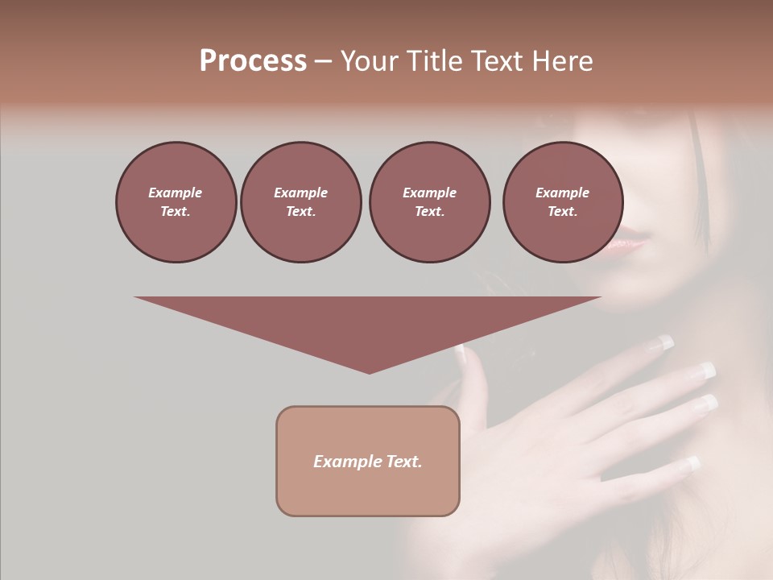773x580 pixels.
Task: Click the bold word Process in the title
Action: point(253,61)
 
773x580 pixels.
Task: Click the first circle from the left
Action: point(176,202)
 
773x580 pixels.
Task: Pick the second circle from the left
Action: point(300,202)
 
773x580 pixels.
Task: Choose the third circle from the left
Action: point(429,202)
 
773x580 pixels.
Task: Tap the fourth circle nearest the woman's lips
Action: point(562,202)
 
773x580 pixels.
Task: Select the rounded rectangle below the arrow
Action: point(368,461)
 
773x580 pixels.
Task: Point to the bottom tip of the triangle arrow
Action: point(369,372)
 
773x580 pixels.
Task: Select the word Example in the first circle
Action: point(176,193)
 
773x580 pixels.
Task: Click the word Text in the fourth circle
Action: point(562,212)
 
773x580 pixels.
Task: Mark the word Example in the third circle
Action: point(429,193)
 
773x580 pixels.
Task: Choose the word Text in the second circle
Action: point(300,212)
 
